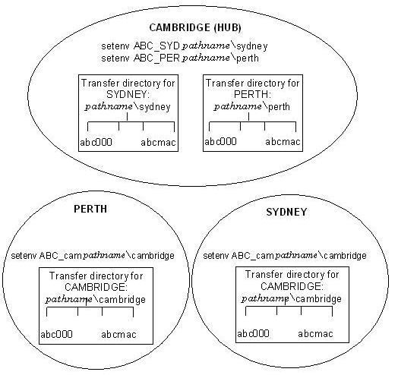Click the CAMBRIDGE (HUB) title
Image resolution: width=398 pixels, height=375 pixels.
click(195, 27)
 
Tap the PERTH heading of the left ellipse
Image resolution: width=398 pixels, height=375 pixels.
click(90, 209)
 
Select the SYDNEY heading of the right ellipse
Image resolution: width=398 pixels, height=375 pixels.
click(286, 212)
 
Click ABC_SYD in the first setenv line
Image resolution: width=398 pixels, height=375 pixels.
click(156, 46)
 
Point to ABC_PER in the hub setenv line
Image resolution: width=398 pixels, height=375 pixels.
click(156, 58)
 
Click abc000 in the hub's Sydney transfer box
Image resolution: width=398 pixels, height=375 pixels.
click(96, 143)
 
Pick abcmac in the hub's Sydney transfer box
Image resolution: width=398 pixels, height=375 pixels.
click(158, 143)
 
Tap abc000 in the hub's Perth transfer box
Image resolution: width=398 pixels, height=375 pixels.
click(220, 142)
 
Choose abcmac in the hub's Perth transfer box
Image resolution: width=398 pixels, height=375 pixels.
click(283, 142)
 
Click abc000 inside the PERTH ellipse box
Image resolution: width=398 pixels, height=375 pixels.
click(56, 334)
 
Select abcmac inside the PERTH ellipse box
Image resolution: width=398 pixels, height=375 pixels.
click(118, 335)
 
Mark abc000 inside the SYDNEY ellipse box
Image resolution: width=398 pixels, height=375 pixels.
click(253, 333)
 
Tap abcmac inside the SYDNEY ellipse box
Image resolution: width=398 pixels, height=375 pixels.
click(315, 334)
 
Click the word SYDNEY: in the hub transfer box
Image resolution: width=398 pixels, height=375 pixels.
click(128, 95)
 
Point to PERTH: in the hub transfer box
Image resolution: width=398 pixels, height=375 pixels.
click(252, 94)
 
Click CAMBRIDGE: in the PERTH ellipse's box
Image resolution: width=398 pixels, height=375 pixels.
click(96, 287)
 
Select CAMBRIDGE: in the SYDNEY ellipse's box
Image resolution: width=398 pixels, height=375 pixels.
click(292, 286)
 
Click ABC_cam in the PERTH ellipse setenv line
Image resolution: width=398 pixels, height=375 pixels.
click(60, 255)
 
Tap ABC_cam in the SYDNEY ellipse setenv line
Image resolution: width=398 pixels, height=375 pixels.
click(252, 255)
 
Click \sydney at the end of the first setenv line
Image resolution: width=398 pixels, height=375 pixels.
click(249, 46)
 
